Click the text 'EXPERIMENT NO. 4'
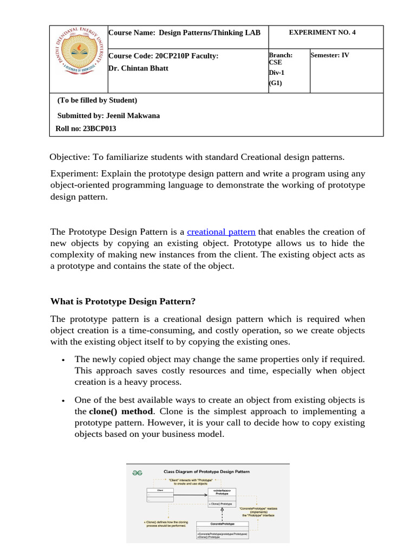pyautogui.click(x=322, y=33)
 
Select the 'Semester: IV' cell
pyautogui.click(x=330, y=55)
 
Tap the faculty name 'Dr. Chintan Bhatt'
pyautogui.click(x=139, y=68)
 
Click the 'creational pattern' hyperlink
pyautogui.click(x=221, y=232)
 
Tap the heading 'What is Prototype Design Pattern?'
pyautogui.click(x=123, y=301)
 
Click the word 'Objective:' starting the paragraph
pyautogui.click(x=70, y=157)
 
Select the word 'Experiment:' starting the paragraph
pyautogui.click(x=73, y=173)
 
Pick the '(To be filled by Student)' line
pyautogui.click(x=97, y=100)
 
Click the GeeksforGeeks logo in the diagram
pyautogui.click(x=138, y=472)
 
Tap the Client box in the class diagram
pyautogui.click(x=160, y=494)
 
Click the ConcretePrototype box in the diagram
pyautogui.click(x=222, y=530)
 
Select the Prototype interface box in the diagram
pyautogui.click(x=222, y=497)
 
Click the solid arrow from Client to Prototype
pyautogui.click(x=190, y=495)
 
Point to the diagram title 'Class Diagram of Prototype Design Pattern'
pyautogui.click(x=206, y=472)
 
